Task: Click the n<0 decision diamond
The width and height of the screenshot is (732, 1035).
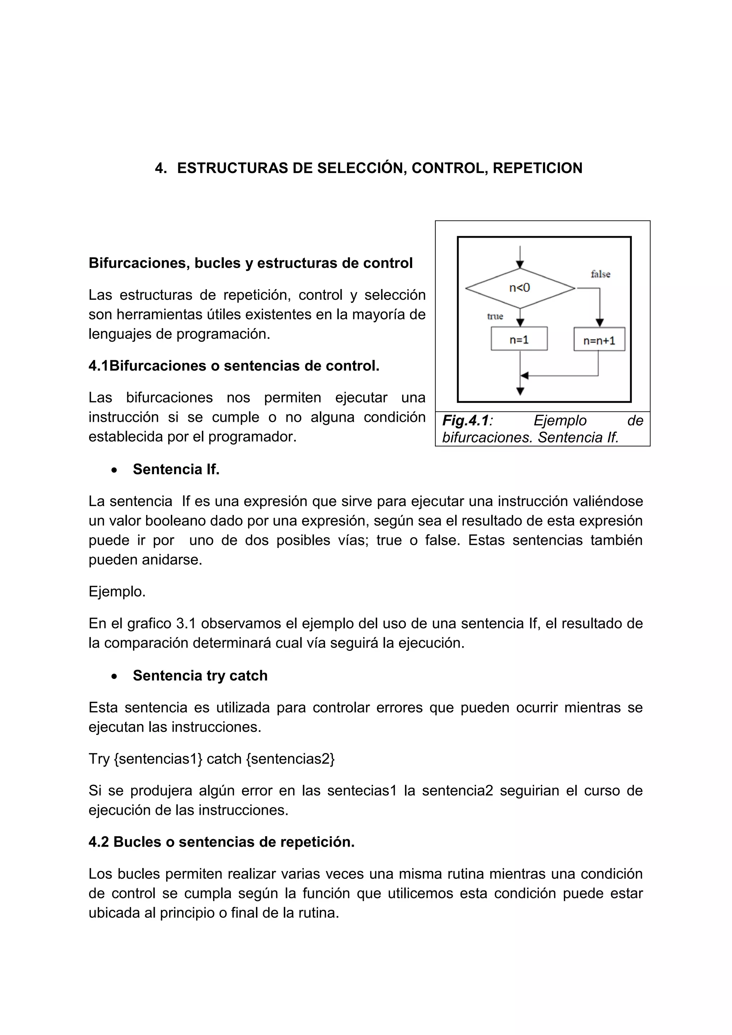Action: tap(520, 288)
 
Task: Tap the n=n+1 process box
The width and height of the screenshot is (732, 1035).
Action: tap(599, 340)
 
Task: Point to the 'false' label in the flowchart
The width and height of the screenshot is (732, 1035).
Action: tap(600, 274)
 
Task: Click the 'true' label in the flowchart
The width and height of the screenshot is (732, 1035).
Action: tap(495, 316)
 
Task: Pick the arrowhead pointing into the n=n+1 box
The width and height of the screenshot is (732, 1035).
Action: tap(599, 322)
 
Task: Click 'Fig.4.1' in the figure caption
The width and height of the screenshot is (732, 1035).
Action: tap(465, 421)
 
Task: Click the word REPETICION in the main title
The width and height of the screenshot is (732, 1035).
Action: tap(537, 168)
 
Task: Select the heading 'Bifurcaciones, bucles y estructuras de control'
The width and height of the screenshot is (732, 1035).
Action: tap(251, 263)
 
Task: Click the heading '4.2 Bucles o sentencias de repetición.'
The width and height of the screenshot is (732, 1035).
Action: tap(221, 842)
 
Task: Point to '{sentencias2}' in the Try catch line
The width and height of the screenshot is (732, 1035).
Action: tap(290, 759)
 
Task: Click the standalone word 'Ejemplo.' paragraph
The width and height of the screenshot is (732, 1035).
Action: tap(117, 591)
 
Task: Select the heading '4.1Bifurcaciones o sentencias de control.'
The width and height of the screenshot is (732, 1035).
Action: tap(234, 366)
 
